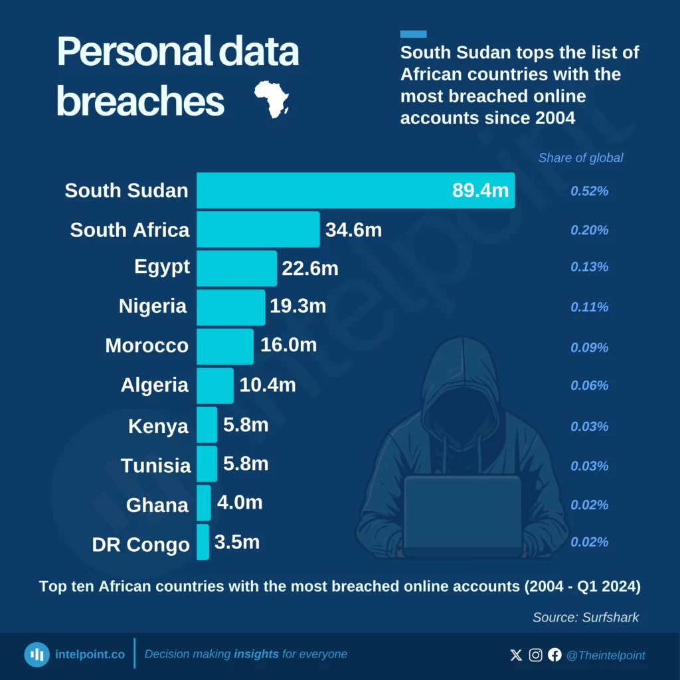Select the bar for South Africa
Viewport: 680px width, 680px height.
coord(258,230)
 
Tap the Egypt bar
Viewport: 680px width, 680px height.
coord(236,268)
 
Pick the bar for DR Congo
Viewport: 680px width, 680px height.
coord(203,543)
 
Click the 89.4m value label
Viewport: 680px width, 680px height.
coord(480,191)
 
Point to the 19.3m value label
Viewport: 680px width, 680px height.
coord(297,306)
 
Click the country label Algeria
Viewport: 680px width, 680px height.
coord(154,385)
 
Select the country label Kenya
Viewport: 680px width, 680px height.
coord(158,426)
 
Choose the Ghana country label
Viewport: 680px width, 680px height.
coord(157,505)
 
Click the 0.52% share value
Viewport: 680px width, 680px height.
coord(590,191)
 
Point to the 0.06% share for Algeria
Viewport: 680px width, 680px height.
coord(590,386)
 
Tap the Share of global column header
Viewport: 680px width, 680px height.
coord(580,158)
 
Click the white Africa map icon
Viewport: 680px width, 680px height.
coord(272,100)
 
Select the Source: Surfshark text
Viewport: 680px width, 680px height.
coord(585,618)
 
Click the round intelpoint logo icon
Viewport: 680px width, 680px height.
coord(37,655)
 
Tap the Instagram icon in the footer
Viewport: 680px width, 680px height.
coord(535,655)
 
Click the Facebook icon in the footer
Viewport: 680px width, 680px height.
coord(554,655)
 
